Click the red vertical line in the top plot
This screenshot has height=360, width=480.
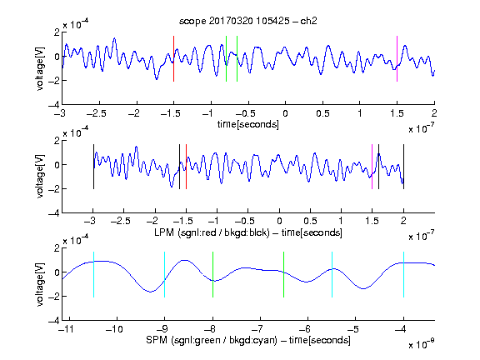click(173, 59)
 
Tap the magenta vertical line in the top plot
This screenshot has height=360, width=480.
click(397, 59)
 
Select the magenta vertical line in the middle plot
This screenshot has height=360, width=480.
click(372, 167)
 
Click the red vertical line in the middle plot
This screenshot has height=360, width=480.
click(186, 167)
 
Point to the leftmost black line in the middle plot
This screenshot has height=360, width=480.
click(93, 167)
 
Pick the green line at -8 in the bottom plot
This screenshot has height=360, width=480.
click(212, 275)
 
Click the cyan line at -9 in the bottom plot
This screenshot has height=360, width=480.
click(165, 275)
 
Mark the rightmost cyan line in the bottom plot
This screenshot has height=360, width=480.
click(404, 275)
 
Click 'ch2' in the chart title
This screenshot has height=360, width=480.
click(308, 21)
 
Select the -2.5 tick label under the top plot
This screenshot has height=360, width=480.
click(96, 113)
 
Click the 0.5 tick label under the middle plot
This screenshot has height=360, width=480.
click(310, 221)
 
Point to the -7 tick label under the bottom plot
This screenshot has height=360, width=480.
click(259, 329)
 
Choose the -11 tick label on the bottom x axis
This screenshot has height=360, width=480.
click(67, 329)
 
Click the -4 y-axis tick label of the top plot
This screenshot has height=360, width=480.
click(53, 105)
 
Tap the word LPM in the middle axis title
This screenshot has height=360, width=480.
click(164, 232)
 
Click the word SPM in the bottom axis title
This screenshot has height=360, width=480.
click(157, 340)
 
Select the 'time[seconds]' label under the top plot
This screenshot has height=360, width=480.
click(248, 124)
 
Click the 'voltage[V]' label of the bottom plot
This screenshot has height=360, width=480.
click(40, 284)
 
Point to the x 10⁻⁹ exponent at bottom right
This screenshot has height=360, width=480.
click(421, 344)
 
